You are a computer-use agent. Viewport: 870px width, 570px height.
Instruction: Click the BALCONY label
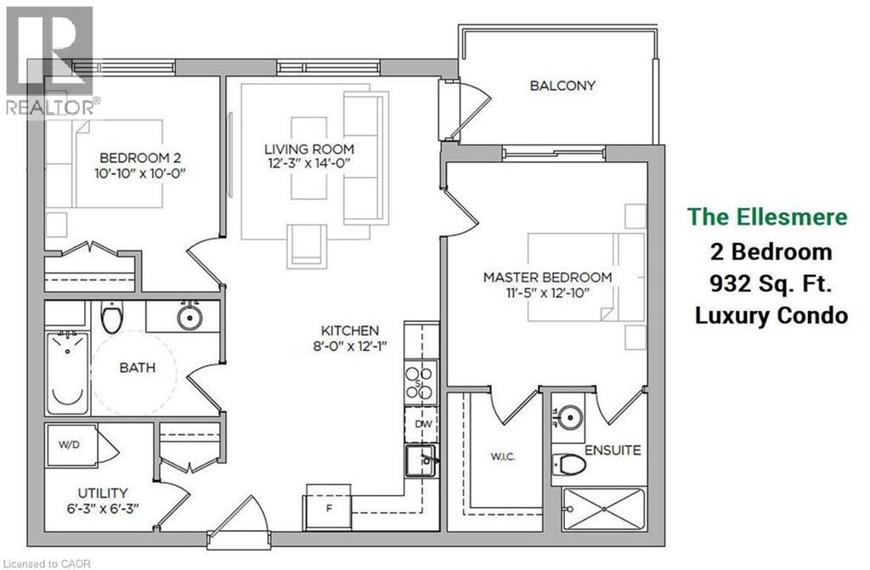pyautogui.click(x=562, y=86)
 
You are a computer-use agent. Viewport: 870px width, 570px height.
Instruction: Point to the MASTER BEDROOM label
pyautogui.click(x=547, y=278)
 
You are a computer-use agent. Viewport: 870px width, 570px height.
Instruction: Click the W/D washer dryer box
pyautogui.click(x=69, y=443)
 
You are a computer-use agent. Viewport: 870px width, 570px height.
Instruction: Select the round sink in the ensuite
pyautogui.click(x=570, y=416)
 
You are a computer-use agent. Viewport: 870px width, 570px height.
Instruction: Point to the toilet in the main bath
pyautogui.click(x=111, y=318)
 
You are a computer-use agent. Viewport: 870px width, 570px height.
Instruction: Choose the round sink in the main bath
pyautogui.click(x=189, y=318)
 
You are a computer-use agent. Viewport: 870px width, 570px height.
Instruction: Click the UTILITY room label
pyautogui.click(x=101, y=493)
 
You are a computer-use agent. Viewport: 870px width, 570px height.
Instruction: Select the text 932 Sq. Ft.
pyautogui.click(x=771, y=284)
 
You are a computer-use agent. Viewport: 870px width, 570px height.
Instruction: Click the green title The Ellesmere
pyautogui.click(x=767, y=217)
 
